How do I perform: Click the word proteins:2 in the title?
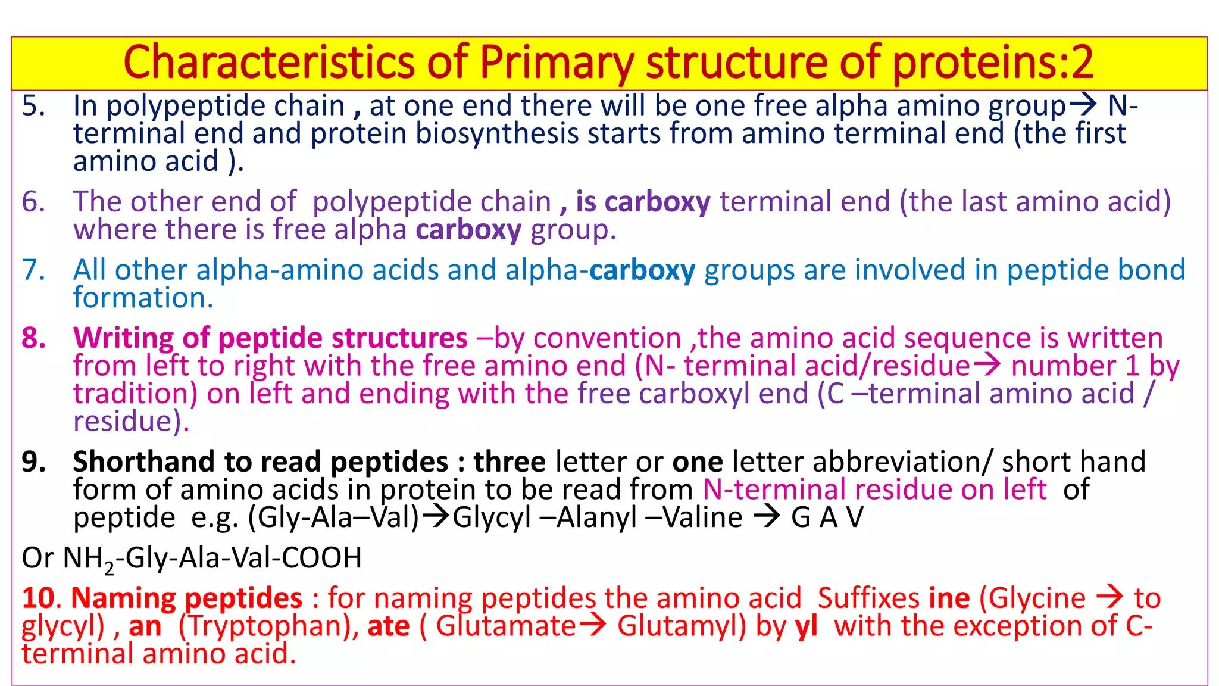(993, 63)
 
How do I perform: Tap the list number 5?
(33, 106)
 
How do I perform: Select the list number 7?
(33, 270)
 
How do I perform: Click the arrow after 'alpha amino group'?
(1083, 105)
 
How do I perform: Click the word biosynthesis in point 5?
(497, 133)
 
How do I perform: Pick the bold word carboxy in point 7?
(642, 270)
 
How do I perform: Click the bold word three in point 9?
(510, 462)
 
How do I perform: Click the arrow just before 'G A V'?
(767, 517)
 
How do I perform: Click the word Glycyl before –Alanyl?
(491, 517)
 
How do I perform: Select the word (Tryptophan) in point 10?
(268, 626)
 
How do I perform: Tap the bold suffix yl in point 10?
(807, 626)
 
